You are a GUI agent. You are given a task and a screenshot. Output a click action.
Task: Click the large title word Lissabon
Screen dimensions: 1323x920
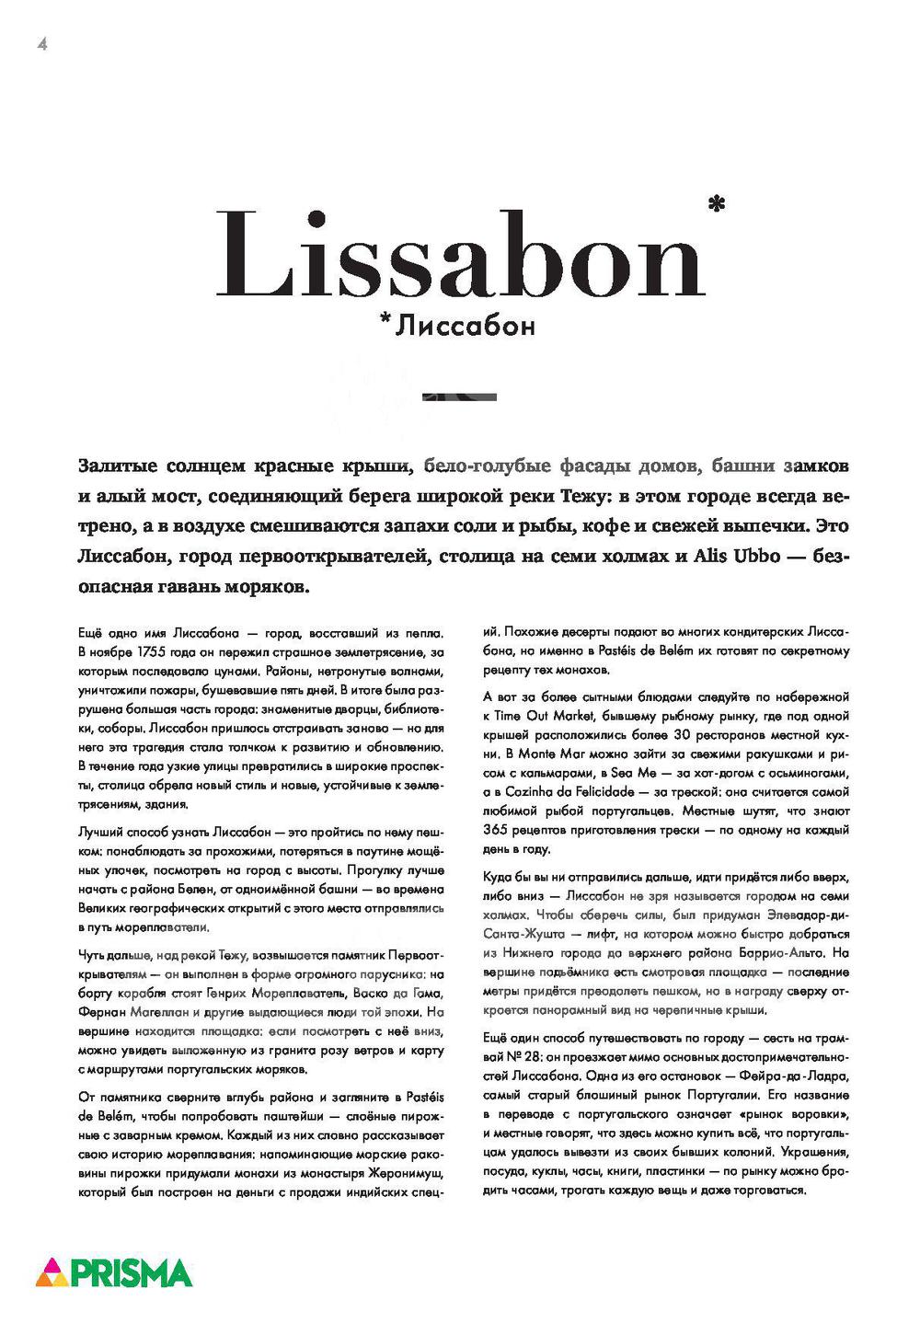(x=460, y=255)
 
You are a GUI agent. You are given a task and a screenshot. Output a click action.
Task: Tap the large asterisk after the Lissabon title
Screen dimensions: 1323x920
(x=717, y=203)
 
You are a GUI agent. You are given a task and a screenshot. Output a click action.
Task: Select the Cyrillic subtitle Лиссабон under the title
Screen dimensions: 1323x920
(x=465, y=326)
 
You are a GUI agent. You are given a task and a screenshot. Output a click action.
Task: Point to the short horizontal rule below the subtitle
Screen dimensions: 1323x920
(x=459, y=397)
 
